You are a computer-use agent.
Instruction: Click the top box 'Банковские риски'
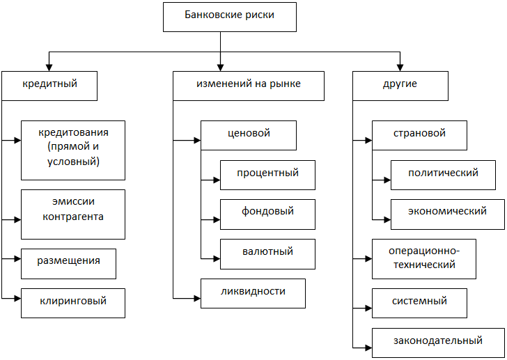click(x=230, y=17)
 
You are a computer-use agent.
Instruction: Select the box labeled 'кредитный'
click(x=49, y=86)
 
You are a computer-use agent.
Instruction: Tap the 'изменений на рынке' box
click(x=249, y=86)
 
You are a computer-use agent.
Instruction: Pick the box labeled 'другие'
click(x=400, y=86)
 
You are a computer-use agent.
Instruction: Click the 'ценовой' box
click(x=249, y=135)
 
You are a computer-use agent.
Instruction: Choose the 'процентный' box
click(x=267, y=175)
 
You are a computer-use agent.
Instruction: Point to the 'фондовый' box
click(x=267, y=214)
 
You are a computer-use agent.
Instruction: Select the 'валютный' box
click(x=267, y=254)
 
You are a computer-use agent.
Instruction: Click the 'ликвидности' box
click(x=253, y=293)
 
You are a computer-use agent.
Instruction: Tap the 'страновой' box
click(x=419, y=135)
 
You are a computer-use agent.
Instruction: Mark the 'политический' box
click(x=443, y=175)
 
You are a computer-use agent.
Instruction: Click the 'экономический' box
click(x=448, y=214)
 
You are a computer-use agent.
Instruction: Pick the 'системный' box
click(x=419, y=303)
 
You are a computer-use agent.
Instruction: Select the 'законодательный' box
click(x=438, y=343)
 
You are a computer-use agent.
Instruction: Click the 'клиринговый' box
click(x=73, y=303)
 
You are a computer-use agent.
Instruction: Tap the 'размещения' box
click(x=68, y=264)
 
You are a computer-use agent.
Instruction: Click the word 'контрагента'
click(x=73, y=217)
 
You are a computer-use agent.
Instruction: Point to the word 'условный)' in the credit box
click(x=73, y=162)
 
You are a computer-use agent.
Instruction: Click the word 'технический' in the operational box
click(x=424, y=265)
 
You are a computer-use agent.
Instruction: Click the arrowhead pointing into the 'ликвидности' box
click(x=197, y=298)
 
